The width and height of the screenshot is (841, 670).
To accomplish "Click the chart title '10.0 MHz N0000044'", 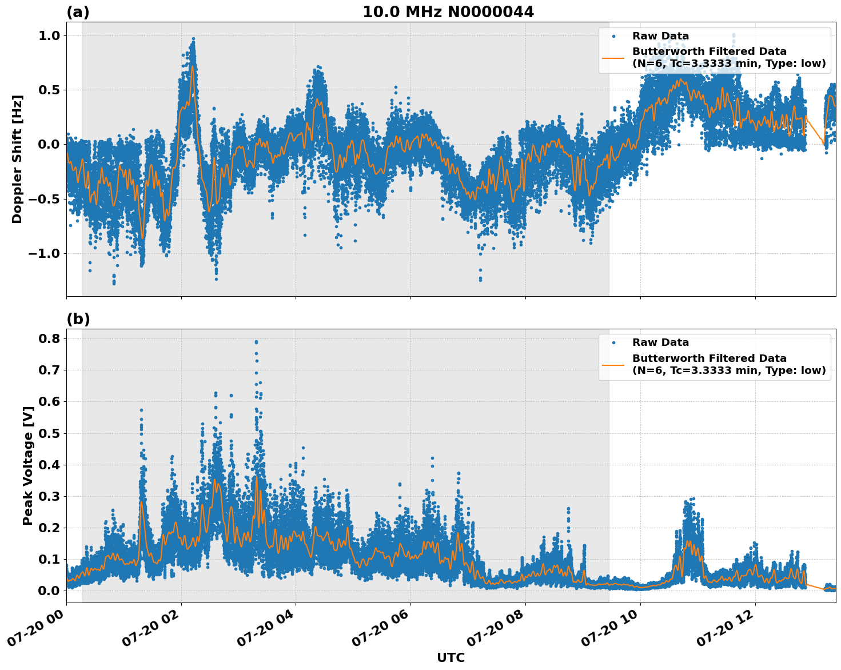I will coord(448,12).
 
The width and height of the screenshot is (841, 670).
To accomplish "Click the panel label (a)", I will coord(78,12).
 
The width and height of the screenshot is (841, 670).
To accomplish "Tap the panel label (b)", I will coord(78,319).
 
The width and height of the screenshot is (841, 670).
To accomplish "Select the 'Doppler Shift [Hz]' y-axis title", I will coord(17,159).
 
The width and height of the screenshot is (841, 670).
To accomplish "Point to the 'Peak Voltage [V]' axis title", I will coord(27,466).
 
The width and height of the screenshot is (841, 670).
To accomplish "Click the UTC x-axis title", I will coord(451,657).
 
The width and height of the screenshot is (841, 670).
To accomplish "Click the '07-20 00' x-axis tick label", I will coord(35,629).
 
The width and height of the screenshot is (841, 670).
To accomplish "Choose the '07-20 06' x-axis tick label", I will coord(380,629).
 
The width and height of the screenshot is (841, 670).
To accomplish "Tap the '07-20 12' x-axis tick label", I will coord(724,629).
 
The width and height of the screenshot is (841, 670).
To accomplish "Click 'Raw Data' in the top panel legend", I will coord(660,36).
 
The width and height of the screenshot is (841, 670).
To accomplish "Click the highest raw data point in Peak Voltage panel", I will coord(256,342).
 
